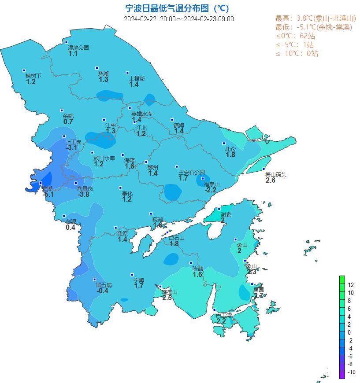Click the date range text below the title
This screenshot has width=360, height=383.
click(178, 19)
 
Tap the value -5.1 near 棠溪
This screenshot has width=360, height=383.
click(48, 194)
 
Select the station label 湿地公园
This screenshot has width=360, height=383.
click(78, 48)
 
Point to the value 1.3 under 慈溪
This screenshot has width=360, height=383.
click(104, 80)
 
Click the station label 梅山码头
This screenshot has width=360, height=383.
click(276, 174)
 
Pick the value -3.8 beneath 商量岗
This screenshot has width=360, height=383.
click(84, 194)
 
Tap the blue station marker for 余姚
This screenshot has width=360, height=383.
click(62, 110)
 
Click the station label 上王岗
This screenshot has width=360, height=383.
click(74, 142)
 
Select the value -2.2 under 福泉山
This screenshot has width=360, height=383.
click(211, 190)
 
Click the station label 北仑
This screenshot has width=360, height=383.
click(230, 149)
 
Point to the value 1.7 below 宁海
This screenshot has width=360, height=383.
click(139, 286)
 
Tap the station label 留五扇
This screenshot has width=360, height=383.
click(104, 285)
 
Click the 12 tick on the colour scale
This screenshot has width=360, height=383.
click(351, 285)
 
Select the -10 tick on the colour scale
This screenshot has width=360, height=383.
click(351, 372)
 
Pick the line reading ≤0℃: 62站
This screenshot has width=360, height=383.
click(295, 36)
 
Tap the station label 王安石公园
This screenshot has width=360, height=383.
click(192, 172)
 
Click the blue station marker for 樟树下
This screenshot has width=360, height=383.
click(24, 70)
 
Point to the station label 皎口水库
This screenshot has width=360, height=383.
click(104, 158)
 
